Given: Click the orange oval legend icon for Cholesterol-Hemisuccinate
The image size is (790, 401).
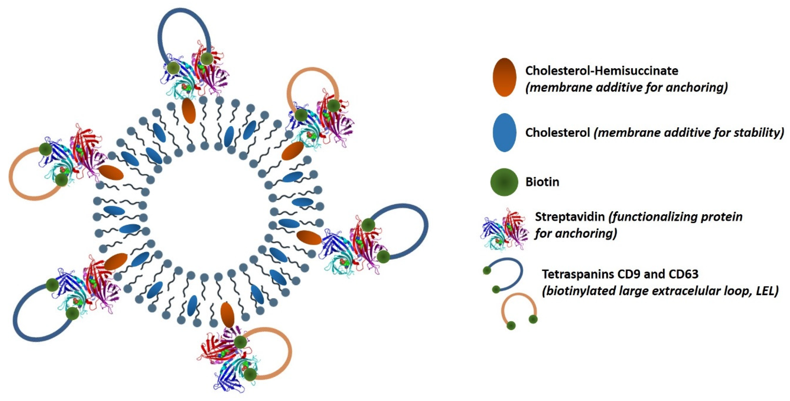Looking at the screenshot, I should (504, 77).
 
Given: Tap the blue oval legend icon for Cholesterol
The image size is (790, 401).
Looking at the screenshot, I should (504, 133).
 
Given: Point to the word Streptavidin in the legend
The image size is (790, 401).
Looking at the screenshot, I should (570, 217).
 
